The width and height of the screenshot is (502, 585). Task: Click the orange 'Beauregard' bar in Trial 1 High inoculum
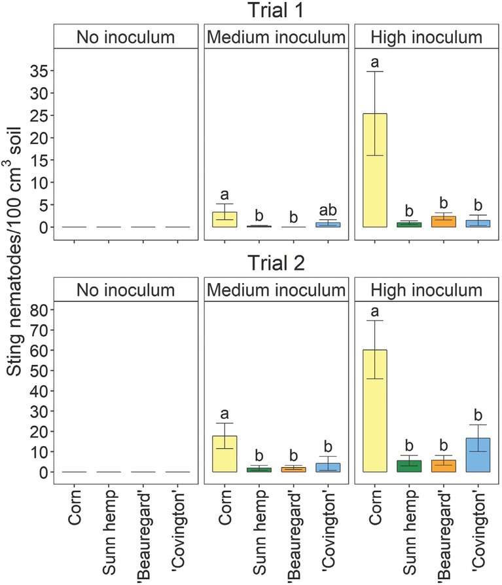(442, 221)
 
